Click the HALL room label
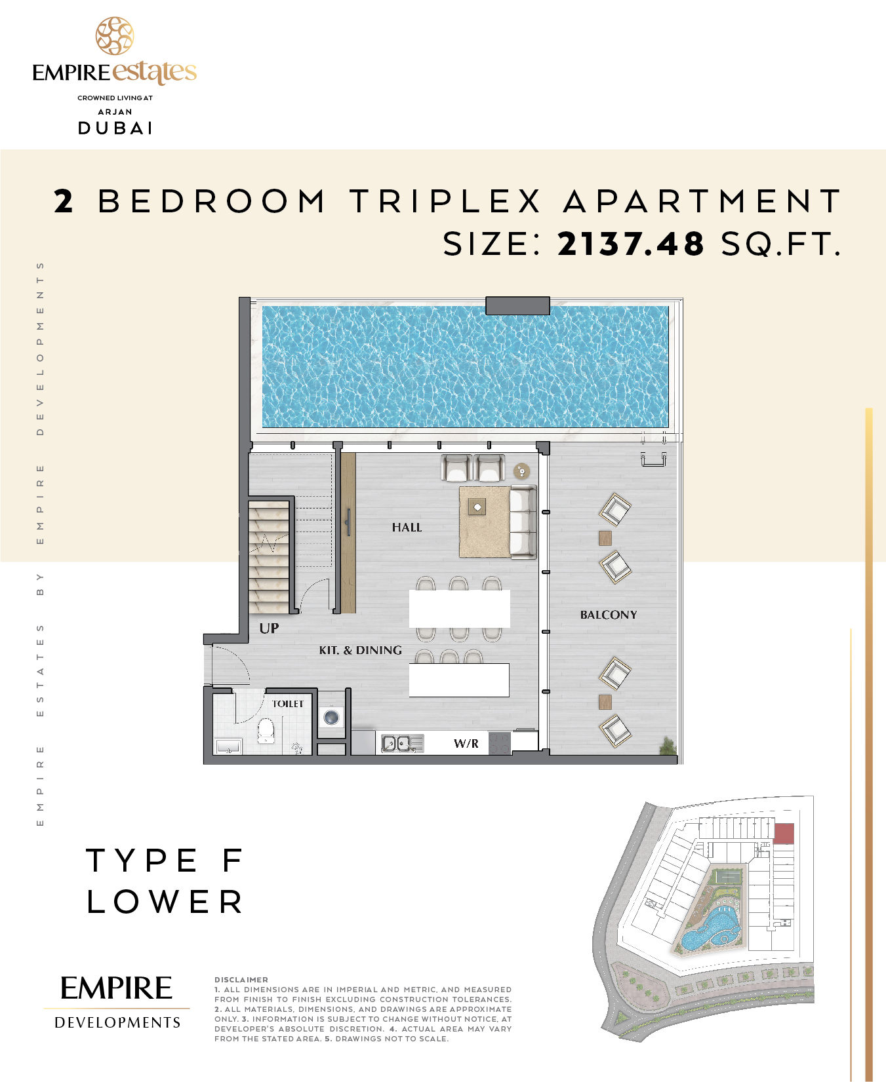[x=407, y=527]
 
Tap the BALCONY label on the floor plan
[x=609, y=615]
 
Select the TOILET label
[x=288, y=704]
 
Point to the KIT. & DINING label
[x=361, y=650]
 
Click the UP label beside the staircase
[x=269, y=628]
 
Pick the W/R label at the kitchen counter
[x=466, y=743]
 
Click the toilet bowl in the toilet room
[x=266, y=731]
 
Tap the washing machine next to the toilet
[x=332, y=716]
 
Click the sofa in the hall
[x=523, y=522]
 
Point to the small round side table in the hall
[x=521, y=471]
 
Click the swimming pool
[x=466, y=367]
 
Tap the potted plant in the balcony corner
[x=668, y=745]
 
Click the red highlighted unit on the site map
[x=784, y=834]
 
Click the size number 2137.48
[x=630, y=244]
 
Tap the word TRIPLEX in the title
[x=445, y=201]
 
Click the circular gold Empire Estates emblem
[x=115, y=36]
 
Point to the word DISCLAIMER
[x=241, y=980]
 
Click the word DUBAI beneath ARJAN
[x=115, y=128]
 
